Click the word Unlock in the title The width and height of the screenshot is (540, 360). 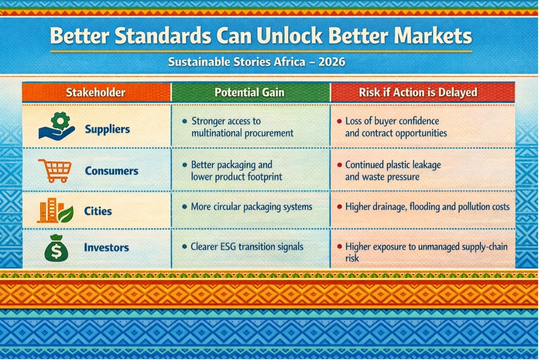click(289, 36)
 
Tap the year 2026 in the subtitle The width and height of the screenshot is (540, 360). click(332, 62)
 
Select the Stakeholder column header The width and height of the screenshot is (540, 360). click(96, 93)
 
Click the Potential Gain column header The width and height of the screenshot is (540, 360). click(249, 93)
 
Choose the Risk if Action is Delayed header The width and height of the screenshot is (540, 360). click(418, 93)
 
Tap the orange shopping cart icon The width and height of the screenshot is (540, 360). click(55, 171)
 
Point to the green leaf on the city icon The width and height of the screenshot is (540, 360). click(66, 214)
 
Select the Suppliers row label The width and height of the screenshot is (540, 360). click(107, 130)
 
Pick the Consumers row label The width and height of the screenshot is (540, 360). click(112, 171)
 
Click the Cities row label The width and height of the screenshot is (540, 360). click(98, 211)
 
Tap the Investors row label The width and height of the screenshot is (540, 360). click(106, 248)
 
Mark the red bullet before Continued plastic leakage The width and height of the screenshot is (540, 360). click(339, 165)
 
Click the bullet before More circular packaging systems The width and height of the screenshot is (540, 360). click(185, 207)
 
